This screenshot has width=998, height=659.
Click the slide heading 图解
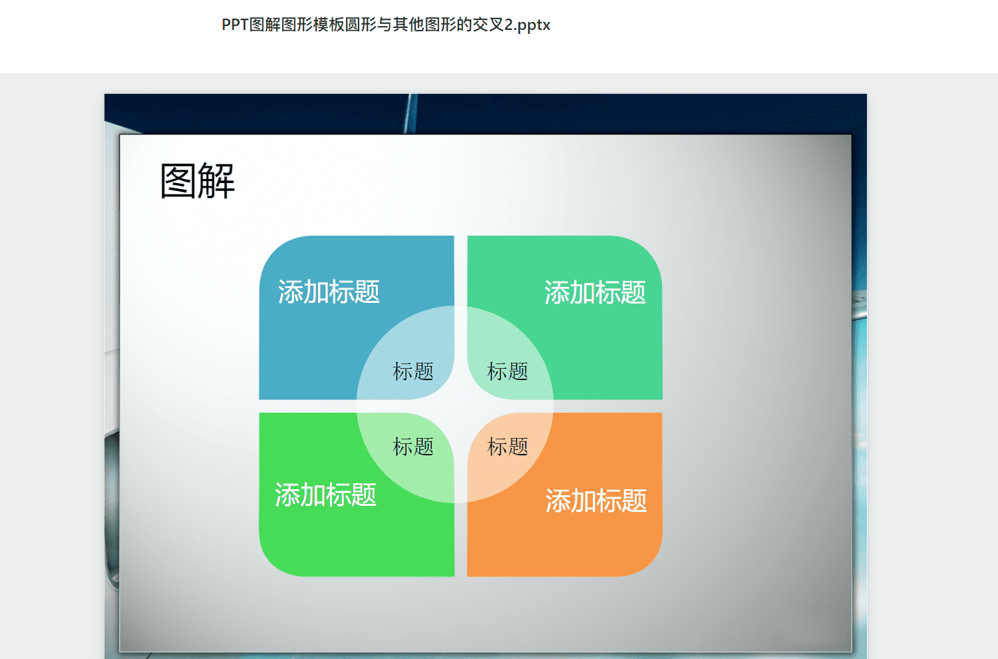point(198,180)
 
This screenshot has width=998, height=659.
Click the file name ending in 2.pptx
point(386,25)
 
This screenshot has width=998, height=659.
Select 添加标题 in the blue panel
point(329,292)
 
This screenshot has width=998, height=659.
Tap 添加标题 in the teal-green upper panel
point(595,292)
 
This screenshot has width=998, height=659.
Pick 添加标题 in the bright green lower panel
point(326,495)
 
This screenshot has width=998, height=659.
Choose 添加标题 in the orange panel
point(596,501)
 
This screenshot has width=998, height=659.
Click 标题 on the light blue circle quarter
point(413,371)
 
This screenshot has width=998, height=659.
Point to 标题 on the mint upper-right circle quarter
point(508,371)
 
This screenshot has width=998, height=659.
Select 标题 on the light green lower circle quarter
point(413,446)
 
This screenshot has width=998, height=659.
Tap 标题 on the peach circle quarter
point(508,446)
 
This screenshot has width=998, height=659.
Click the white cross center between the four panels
point(460,406)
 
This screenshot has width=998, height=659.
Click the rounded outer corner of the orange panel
point(650,564)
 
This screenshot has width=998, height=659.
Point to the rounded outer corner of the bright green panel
point(271,564)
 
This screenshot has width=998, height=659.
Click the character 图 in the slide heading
point(178,180)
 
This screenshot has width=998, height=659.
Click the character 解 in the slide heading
point(216,180)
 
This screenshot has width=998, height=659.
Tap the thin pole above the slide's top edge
point(411,114)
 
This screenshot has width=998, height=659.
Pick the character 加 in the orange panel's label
point(583,501)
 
